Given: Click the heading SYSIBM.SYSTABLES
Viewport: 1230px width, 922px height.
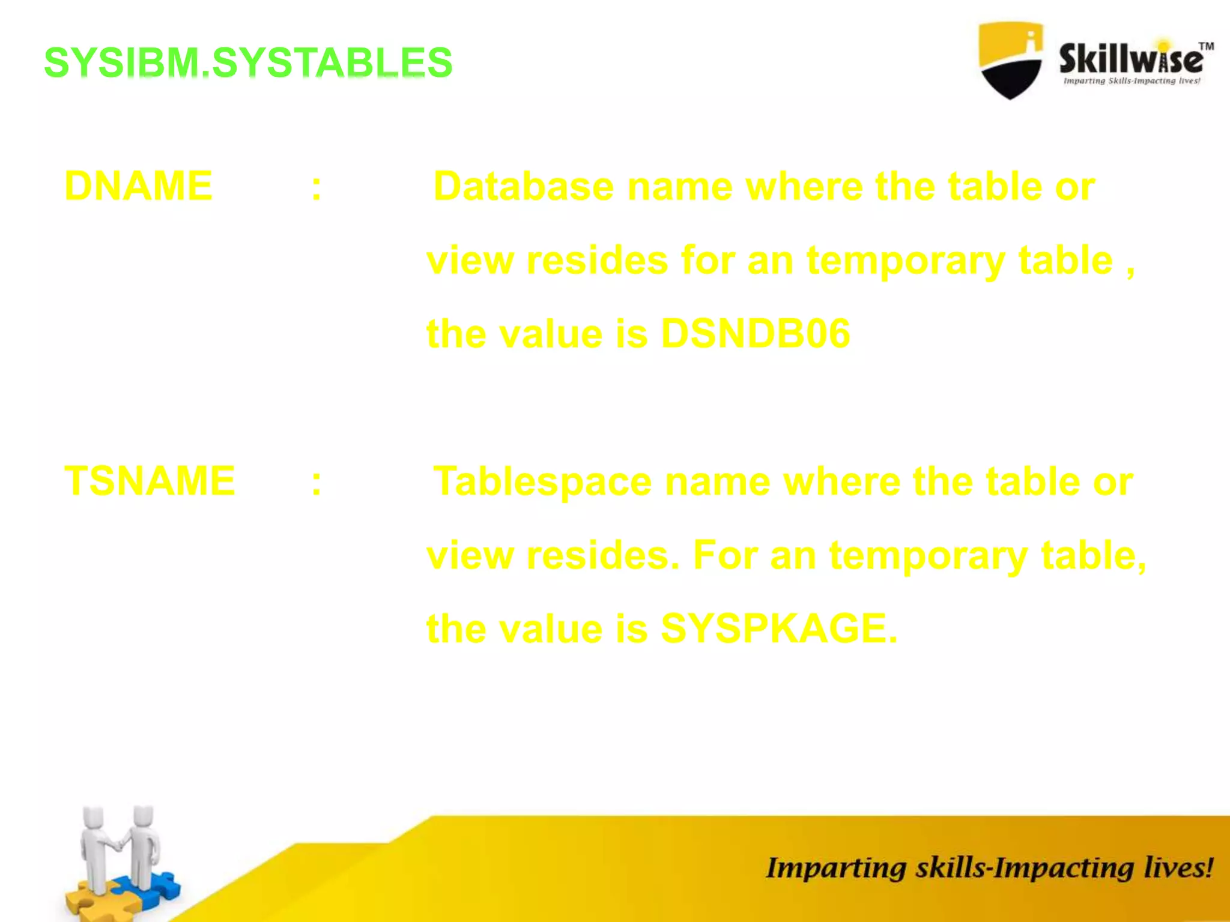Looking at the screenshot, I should (248, 62).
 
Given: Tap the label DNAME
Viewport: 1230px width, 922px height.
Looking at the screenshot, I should (138, 186).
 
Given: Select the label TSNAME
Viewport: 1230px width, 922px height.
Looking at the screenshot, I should (150, 481).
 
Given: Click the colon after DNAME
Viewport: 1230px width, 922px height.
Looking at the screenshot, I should (317, 187).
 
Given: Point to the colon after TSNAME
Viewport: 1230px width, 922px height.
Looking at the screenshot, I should (317, 482).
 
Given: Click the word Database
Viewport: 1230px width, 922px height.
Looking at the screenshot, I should (523, 186).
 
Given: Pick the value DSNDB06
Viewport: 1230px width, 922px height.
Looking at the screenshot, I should (755, 334).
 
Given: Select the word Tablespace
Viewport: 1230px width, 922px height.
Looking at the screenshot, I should (542, 481).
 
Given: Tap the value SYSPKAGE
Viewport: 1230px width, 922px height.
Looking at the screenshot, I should (778, 629).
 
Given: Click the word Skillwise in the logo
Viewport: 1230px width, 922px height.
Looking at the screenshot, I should (1130, 59).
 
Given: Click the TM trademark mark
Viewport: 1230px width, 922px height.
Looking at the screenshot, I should (1206, 46).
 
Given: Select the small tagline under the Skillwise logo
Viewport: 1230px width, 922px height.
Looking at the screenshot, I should (1132, 81).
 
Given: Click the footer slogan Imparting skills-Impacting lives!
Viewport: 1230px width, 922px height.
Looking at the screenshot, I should (989, 868).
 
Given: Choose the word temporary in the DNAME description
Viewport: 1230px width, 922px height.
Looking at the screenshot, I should (905, 261).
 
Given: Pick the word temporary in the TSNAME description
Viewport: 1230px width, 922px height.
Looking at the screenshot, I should (928, 556).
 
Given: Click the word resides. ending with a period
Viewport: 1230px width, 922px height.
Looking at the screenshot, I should (602, 556).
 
